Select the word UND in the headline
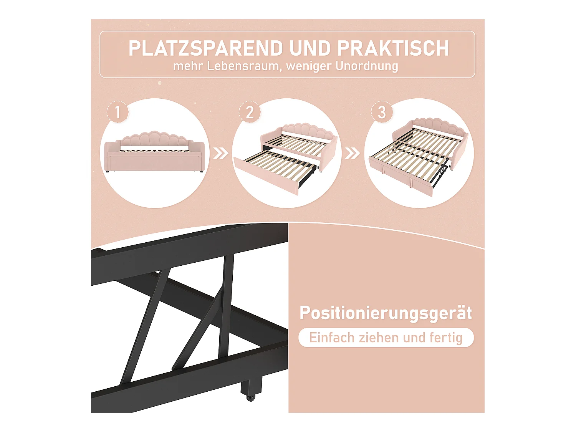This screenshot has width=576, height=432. click(x=310, y=48)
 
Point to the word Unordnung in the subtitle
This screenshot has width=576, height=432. click(x=367, y=66)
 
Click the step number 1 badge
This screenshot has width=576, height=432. click(x=118, y=112)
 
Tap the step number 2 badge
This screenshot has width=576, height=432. click(x=250, y=112)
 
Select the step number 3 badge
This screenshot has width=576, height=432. click(x=382, y=112)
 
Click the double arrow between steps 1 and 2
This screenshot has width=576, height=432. click(x=220, y=154)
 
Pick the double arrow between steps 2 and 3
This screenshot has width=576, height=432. click(x=352, y=154)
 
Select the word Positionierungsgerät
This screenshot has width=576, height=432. click(x=386, y=313)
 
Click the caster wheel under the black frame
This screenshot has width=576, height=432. click(x=250, y=397)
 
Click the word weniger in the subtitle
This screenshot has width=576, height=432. click(x=308, y=66)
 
